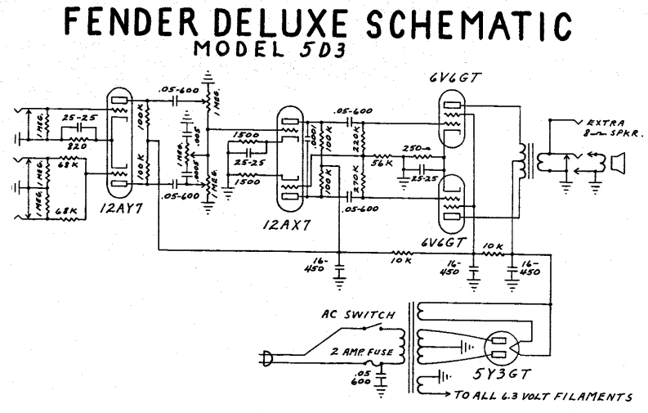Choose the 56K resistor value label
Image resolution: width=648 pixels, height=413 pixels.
(x=383, y=163)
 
